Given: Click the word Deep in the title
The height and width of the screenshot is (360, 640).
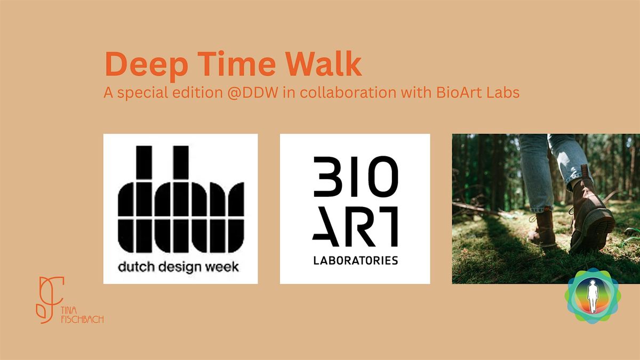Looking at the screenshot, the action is (147, 65).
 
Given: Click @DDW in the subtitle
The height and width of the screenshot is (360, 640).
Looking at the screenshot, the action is (253, 93).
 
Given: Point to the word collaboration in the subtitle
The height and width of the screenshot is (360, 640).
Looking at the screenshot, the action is (348, 92).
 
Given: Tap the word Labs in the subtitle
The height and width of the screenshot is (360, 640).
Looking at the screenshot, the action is (503, 92).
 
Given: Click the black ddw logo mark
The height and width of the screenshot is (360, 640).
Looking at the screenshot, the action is (181, 199).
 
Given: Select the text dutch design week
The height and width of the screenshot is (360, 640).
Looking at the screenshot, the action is (178, 267).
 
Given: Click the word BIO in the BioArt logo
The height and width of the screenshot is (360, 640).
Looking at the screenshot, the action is (356, 177).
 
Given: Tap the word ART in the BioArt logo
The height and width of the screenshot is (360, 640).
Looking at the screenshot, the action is (355, 227).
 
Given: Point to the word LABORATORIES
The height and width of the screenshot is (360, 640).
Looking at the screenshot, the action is (355, 260).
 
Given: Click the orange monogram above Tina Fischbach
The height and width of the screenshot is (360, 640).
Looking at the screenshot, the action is (50, 299).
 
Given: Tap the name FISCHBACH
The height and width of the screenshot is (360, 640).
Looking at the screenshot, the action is (82, 319).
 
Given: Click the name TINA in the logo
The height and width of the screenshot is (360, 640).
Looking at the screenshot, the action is (69, 310).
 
